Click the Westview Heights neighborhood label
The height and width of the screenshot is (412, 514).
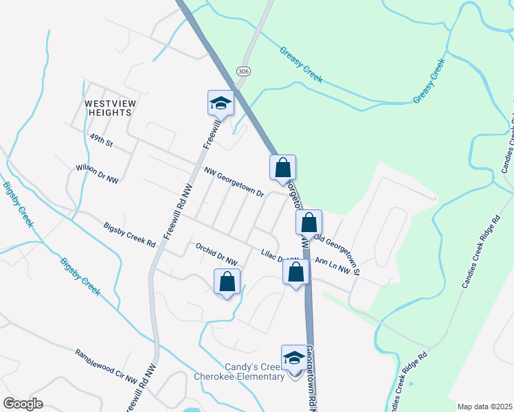pos(108,108)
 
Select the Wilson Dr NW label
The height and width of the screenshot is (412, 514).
pos(97,173)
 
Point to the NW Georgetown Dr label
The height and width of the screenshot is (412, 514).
pos(234,183)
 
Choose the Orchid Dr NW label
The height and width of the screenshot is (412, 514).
pos(216,254)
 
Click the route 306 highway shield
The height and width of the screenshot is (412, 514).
pos(243,71)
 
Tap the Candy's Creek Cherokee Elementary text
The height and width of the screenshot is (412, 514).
pos(239,371)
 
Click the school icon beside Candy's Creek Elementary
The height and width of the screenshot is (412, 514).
pos(294,358)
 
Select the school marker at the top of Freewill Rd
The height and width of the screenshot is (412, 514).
pos(221,104)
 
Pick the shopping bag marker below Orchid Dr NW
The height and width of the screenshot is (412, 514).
pos(227,282)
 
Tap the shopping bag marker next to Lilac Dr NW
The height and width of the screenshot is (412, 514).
pos(295,273)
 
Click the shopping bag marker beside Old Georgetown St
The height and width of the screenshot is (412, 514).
pos(309,223)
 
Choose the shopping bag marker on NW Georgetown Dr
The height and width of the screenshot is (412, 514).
pos(282,168)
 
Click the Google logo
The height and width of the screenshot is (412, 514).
pos(23,403)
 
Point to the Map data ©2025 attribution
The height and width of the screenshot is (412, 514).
pos(484,407)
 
